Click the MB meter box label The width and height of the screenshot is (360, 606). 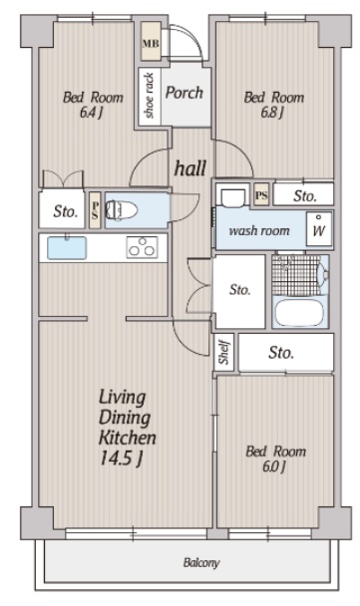(x=151, y=43)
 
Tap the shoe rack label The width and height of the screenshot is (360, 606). (x=149, y=96)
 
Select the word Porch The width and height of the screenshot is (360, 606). (x=184, y=93)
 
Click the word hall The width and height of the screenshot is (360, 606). (x=190, y=168)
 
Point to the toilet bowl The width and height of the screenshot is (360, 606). (x=122, y=210)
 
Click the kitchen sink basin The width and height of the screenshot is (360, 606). (x=67, y=247)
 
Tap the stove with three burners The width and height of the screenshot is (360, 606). (x=142, y=247)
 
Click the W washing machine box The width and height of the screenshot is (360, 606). (x=319, y=229)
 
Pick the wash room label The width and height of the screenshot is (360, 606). (x=259, y=230)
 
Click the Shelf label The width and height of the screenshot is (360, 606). (x=224, y=352)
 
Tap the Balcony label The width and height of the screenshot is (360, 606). (x=201, y=562)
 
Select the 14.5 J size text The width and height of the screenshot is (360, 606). (x=122, y=458)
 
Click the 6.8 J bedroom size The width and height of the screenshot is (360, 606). (x=272, y=113)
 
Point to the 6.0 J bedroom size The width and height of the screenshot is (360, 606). (x=274, y=466)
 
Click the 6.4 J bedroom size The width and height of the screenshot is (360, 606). (x=92, y=113)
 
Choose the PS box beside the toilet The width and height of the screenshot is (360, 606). (x=95, y=210)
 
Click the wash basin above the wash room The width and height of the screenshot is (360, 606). (x=233, y=196)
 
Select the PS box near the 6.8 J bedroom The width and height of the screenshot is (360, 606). (x=262, y=194)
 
